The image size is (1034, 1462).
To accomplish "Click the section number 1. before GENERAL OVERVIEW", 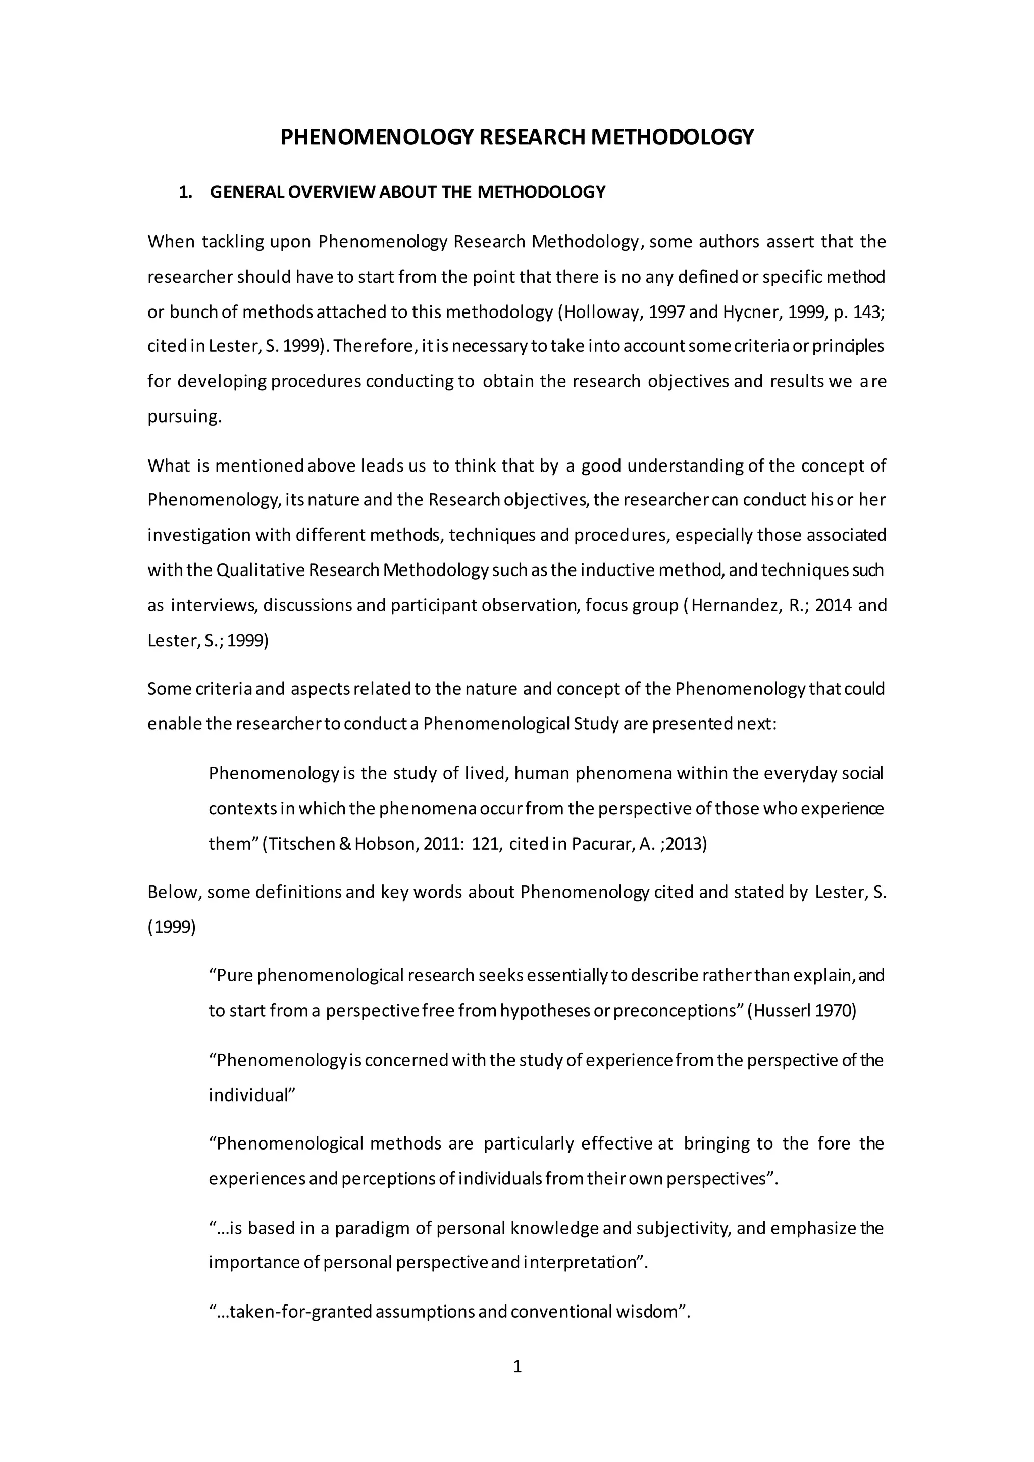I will coord(186,192).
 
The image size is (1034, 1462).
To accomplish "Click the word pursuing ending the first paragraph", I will coord(184,417).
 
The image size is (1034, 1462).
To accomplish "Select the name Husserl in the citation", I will coord(783,1011).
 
